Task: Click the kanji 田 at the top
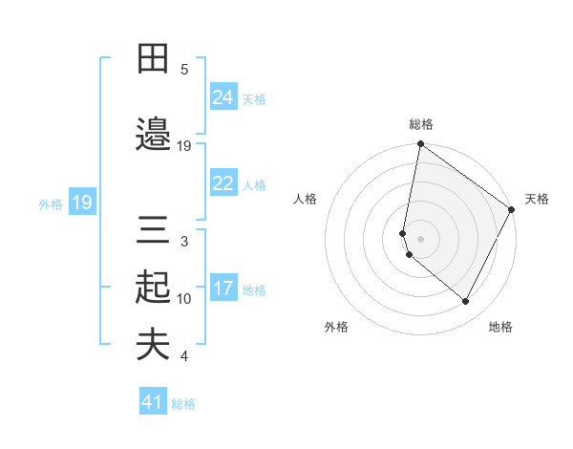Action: pos(154,59)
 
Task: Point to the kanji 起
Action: pos(154,288)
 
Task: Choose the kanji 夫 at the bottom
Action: pos(154,345)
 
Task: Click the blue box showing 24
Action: pos(223,97)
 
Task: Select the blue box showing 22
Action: pos(223,183)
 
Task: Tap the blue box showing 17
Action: pos(223,289)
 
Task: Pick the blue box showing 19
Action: pos(82,203)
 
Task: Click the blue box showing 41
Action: pos(153,402)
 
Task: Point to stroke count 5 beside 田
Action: pos(184,70)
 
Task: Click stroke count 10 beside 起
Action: pos(184,299)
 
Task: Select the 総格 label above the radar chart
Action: pos(420,124)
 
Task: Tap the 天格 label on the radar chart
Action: pos(537,199)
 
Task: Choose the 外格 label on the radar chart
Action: pos(336,327)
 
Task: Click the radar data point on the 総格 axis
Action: pos(420,145)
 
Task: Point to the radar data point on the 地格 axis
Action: pos(466,302)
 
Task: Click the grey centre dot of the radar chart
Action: pos(420,239)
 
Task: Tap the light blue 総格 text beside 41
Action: pos(183,404)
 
